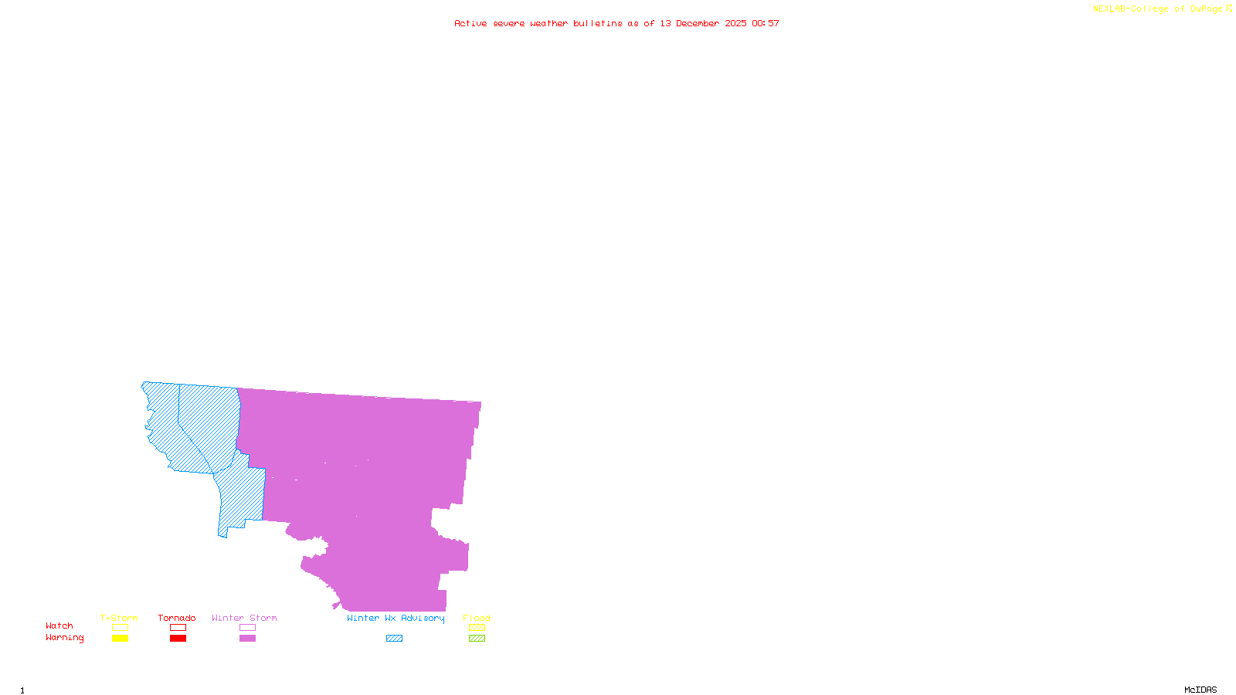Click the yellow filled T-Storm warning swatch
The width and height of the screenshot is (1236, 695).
point(120,639)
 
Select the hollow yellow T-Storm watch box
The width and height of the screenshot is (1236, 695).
point(120,628)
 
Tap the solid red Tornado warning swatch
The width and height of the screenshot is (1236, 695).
point(178,639)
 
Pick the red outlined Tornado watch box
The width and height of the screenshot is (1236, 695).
point(178,628)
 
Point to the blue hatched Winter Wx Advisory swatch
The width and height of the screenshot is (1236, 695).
point(394,639)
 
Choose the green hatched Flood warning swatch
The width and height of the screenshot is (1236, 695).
point(477,639)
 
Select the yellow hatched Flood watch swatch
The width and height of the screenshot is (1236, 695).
point(477,628)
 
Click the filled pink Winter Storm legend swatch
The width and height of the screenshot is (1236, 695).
point(247,639)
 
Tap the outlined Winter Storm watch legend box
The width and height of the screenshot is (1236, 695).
point(247,628)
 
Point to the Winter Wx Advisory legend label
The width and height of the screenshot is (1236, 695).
point(396,618)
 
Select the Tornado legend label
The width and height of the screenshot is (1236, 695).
point(177,618)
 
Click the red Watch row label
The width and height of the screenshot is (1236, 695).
point(59,625)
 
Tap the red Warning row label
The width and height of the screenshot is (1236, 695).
point(65,638)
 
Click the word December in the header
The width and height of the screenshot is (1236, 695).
point(698,23)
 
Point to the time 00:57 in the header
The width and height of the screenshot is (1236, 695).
point(766,23)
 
